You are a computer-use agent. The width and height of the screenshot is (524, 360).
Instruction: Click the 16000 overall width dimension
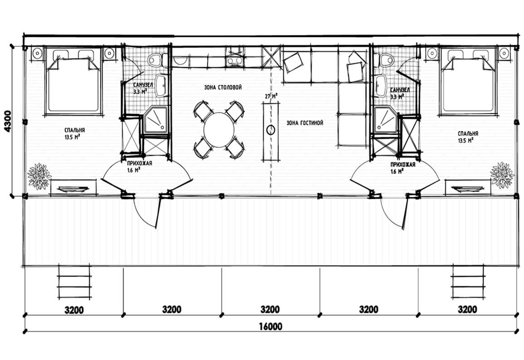270,326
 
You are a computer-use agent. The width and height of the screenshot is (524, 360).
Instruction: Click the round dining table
219,130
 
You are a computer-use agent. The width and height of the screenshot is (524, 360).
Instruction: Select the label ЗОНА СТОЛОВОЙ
223,88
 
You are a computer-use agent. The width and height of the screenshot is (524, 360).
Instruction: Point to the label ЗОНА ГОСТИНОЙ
305,123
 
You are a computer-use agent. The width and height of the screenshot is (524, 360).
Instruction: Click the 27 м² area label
271,96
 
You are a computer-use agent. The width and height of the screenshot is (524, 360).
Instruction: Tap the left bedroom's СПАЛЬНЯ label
75,130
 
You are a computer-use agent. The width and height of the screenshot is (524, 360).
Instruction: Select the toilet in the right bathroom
387,60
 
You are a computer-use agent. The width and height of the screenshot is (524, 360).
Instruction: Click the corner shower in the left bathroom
156,120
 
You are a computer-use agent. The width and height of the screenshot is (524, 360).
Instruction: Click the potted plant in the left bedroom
39,176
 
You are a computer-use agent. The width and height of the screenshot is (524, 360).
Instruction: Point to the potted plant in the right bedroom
502,175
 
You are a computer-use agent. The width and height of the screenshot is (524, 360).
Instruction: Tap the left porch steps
74,282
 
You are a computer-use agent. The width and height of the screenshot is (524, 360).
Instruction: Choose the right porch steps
468,282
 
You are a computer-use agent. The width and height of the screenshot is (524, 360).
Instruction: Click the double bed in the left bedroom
73,81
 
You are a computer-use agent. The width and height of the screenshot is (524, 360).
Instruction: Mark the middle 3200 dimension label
270,310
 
